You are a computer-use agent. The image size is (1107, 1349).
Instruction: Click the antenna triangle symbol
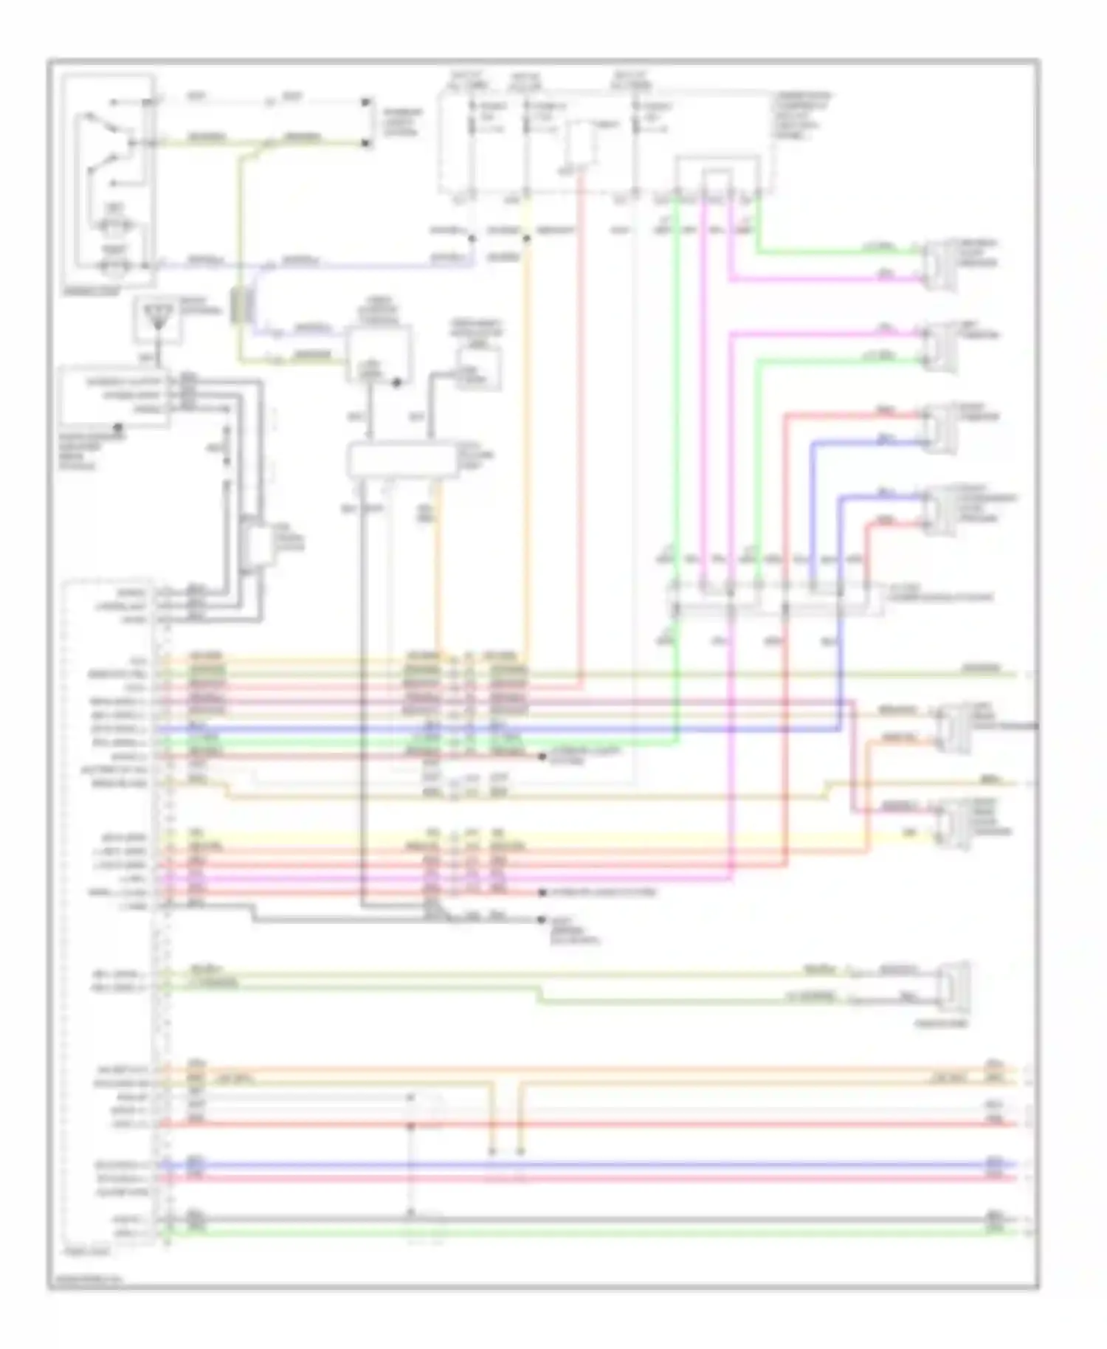pyautogui.click(x=155, y=319)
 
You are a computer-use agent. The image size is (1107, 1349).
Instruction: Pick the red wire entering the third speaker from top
pyautogui.click(x=849, y=415)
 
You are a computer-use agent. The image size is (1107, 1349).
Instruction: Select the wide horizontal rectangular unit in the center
pyautogui.click(x=402, y=460)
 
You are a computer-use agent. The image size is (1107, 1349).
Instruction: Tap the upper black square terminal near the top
pyautogui.click(x=366, y=103)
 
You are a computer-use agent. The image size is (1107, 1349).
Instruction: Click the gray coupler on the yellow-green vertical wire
pyautogui.click(x=239, y=306)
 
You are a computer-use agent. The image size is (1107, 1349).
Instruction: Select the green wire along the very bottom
pyautogui.click(x=590, y=1232)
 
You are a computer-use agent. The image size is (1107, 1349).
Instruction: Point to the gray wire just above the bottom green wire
pyautogui.click(x=590, y=1220)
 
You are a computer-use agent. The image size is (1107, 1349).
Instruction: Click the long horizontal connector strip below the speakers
pyautogui.click(x=775, y=600)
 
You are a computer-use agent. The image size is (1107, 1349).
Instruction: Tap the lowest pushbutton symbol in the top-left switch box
pyautogui.click(x=114, y=263)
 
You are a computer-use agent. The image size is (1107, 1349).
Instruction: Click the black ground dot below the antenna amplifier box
pyautogui.click(x=117, y=427)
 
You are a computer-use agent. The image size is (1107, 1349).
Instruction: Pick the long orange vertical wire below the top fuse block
pyautogui.click(x=528, y=443)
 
